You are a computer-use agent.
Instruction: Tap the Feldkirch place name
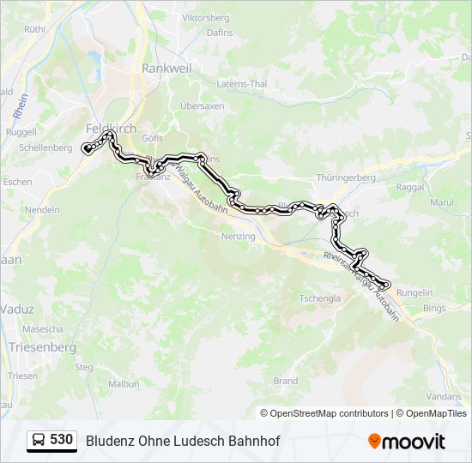click(111, 128)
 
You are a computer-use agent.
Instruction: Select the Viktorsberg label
click(207, 17)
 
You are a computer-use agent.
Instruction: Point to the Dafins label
click(221, 33)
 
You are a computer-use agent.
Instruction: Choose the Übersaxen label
click(202, 105)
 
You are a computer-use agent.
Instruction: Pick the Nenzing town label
click(238, 236)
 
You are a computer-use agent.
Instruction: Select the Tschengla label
click(319, 298)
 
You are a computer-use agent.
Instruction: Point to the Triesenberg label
click(42, 347)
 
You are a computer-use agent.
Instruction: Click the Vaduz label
click(16, 309)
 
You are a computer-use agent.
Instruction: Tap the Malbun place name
click(124, 383)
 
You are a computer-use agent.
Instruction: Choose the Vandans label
click(443, 396)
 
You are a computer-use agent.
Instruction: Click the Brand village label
click(285, 381)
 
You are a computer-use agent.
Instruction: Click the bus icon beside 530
click(39, 441)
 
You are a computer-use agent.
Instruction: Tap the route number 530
click(62, 440)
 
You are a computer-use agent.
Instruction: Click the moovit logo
click(407, 442)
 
